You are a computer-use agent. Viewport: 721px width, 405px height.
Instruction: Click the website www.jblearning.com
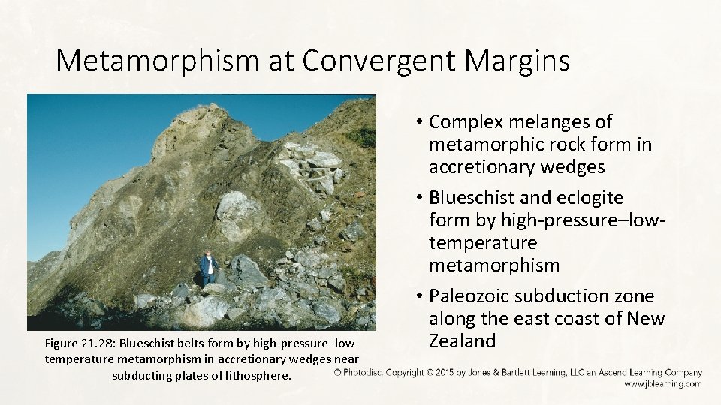pyautogui.click(x=662, y=383)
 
